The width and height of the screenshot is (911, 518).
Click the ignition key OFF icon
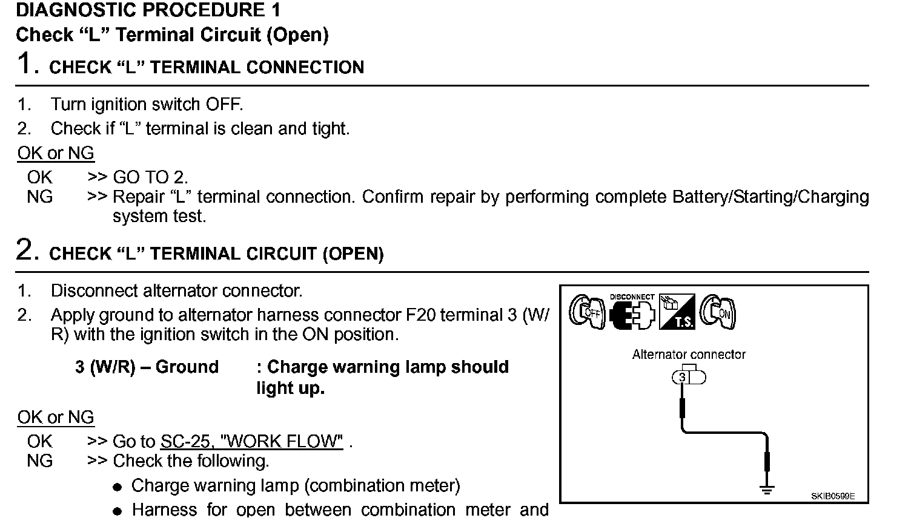click(x=587, y=312)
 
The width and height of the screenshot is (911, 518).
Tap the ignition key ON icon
click(x=718, y=312)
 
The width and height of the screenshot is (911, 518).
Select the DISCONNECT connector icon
click(x=632, y=313)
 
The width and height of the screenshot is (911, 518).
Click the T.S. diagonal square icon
click(x=677, y=312)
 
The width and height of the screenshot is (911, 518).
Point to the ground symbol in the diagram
click(x=767, y=488)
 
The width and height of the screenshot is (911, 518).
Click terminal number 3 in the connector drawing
click(x=683, y=378)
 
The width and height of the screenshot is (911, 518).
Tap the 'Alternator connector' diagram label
click(x=689, y=355)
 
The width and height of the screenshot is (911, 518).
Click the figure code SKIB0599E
click(x=833, y=496)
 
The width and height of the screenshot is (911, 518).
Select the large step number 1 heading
click(x=28, y=64)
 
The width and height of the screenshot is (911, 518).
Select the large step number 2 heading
click(x=28, y=250)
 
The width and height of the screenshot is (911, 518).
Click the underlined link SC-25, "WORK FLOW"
click(x=251, y=441)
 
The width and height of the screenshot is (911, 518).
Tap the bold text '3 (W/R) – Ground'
click(x=147, y=367)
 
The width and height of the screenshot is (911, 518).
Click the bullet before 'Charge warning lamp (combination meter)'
click(x=118, y=487)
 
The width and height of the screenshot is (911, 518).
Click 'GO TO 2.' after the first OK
click(x=150, y=177)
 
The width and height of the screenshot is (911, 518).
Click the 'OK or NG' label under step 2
click(x=56, y=417)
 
